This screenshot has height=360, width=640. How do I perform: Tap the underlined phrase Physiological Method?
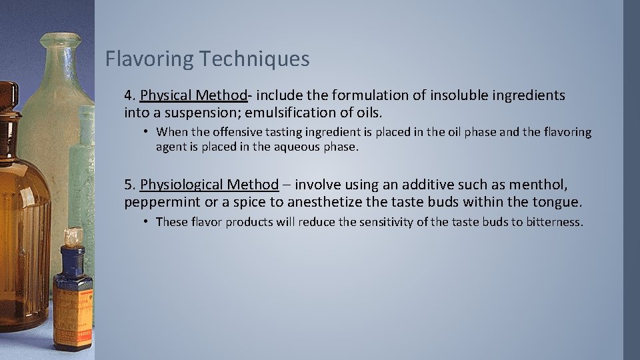coord(209,184)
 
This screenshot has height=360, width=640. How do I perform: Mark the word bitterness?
coord(554,221)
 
